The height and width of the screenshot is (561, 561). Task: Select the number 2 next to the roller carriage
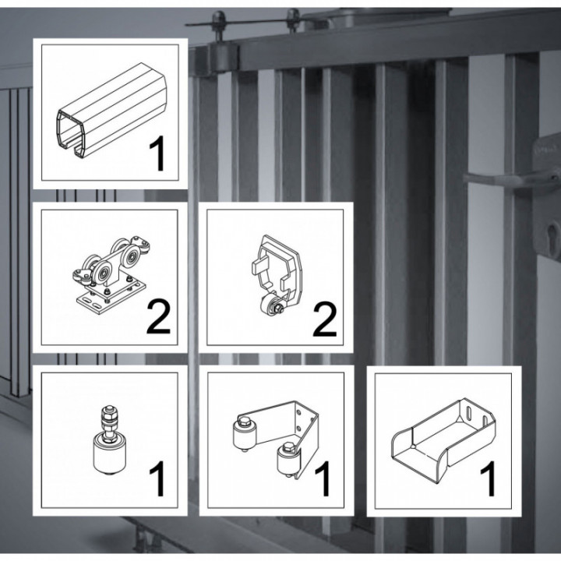tap(157, 319)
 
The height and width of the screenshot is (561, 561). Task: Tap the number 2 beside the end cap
tap(324, 319)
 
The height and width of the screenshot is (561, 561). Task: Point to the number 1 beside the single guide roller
tap(158, 479)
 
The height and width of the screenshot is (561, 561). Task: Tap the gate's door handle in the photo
tap(506, 177)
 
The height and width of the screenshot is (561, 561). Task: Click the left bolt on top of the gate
tap(221, 18)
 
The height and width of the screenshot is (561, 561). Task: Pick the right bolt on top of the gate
tap(294, 16)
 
